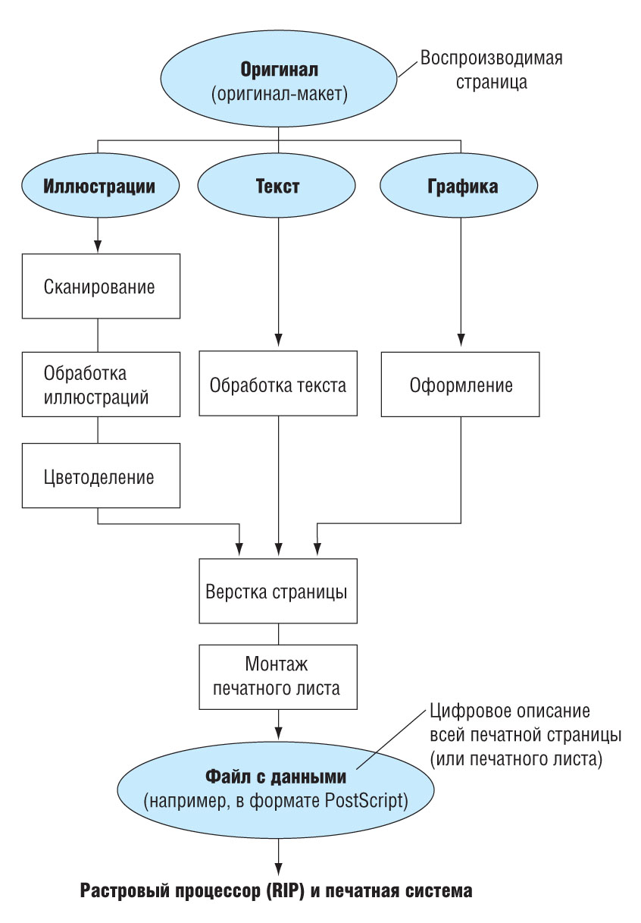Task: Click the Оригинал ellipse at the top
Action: click(278, 78)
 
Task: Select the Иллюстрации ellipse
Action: click(100, 185)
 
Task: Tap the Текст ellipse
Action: click(277, 185)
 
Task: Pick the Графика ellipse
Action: click(458, 185)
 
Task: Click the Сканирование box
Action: click(101, 286)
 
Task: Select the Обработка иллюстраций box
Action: click(101, 384)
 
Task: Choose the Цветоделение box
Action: click(101, 476)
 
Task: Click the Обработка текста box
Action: click(278, 383)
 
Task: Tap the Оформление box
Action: click(460, 384)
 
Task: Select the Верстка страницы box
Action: click(278, 591)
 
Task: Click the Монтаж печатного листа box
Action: click(278, 677)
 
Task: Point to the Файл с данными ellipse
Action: click(276, 790)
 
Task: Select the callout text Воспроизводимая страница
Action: click(491, 70)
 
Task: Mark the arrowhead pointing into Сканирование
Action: click(98, 246)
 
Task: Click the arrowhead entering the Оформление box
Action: click(461, 340)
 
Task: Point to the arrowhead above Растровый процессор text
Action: click(279, 868)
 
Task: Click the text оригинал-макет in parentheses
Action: click(280, 94)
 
